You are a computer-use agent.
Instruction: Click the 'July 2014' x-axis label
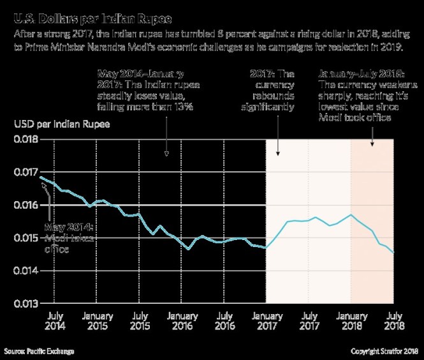point(54,320)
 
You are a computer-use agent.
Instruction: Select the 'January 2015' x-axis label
point(97,320)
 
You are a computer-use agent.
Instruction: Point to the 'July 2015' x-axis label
point(139,320)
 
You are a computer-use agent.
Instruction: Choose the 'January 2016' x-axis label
point(182,320)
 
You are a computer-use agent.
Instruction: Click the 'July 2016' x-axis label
point(224,320)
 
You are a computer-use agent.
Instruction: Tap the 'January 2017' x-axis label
point(267,320)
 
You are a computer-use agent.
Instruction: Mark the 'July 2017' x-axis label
point(309,320)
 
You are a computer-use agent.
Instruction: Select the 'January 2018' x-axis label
point(351,320)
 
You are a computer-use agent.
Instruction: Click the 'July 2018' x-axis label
point(393,320)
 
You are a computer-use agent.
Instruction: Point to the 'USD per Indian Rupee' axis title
point(62,123)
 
